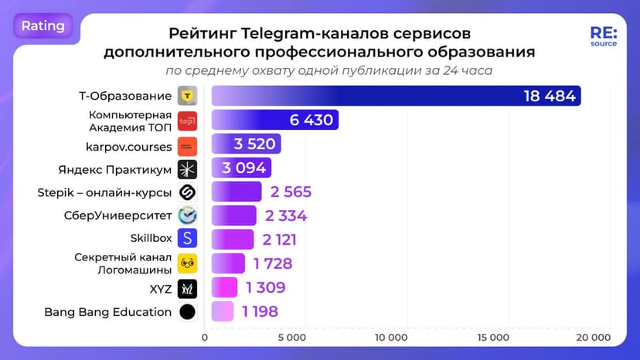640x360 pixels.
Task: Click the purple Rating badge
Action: (43, 25)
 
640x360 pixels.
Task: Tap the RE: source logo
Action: (603, 37)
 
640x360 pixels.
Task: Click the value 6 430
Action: (311, 120)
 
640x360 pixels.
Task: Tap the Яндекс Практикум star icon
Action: (187, 168)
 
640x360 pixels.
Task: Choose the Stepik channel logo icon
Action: (187, 192)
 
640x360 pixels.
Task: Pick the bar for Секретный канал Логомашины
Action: (228, 263)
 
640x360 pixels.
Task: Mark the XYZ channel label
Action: (160, 288)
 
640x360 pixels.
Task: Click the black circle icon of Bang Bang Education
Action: (187, 312)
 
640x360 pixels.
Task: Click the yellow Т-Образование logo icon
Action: (187, 97)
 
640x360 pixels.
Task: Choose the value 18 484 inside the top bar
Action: (549, 96)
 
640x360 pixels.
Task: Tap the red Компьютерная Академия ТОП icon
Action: (187, 121)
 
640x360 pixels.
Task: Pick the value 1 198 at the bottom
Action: (259, 312)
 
